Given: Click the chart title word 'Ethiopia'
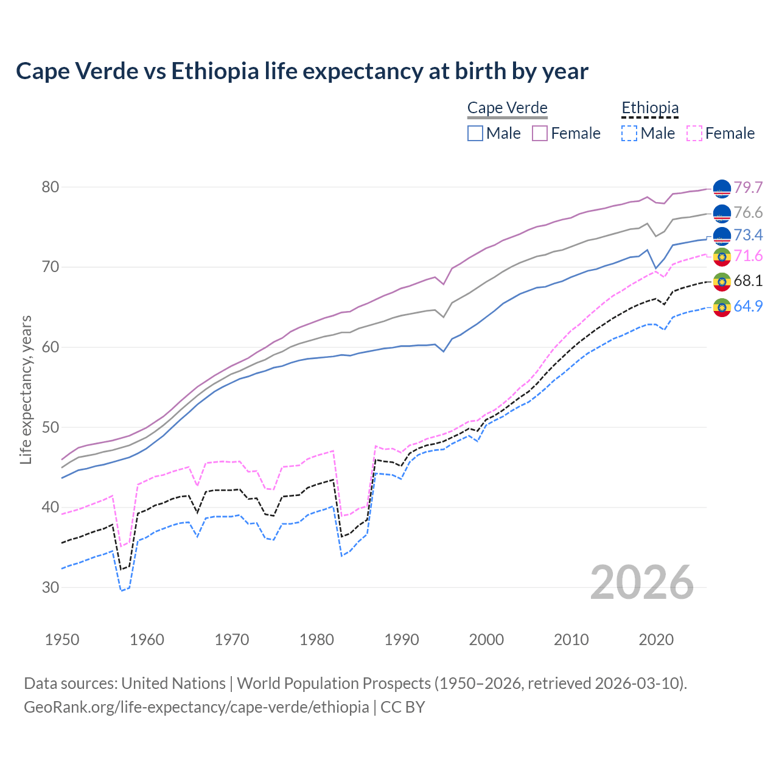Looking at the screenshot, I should (215, 71).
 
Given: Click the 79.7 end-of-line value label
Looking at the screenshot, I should (748, 187).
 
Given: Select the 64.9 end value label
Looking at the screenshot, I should (748, 306).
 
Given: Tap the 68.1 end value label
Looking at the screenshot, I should (748, 281).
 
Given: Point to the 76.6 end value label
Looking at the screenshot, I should (748, 212).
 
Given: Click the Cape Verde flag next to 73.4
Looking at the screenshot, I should (722, 236).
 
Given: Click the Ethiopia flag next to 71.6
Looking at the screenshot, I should (722, 257).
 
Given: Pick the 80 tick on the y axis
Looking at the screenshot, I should (51, 187).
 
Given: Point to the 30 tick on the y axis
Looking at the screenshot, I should (51, 587).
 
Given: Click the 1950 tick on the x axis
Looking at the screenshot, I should (62, 640).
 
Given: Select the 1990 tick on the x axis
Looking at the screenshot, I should (402, 640).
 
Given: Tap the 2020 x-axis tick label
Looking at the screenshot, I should (656, 640).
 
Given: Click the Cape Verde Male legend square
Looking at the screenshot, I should (475, 133).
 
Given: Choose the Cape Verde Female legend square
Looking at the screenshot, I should (540, 133).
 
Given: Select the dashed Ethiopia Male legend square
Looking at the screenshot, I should (629, 133).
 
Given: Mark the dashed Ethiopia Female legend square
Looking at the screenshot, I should (694, 133).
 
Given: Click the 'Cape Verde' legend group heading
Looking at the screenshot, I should (507, 108).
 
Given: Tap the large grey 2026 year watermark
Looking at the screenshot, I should (642, 582).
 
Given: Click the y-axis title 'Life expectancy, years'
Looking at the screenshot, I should (26, 389).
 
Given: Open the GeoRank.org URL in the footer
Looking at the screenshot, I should (196, 707).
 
